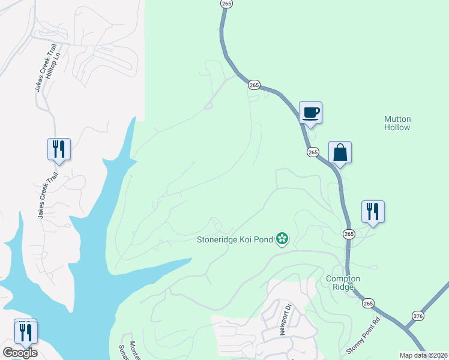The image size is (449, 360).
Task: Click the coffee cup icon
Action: [x=310, y=112]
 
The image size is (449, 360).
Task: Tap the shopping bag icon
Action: [x=340, y=152]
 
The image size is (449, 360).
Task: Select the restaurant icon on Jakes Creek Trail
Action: [x=59, y=149]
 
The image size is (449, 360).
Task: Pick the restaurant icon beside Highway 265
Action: [x=373, y=211]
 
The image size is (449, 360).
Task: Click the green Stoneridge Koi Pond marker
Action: [x=282, y=240]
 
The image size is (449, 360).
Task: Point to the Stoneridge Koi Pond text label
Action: [x=235, y=240]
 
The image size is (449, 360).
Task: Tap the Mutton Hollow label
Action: [x=397, y=123]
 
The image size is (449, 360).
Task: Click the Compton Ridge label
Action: [x=343, y=283]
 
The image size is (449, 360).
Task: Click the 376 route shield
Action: [x=418, y=316]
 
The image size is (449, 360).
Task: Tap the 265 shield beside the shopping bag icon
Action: [x=313, y=152]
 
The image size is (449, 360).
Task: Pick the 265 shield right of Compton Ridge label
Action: [x=368, y=304]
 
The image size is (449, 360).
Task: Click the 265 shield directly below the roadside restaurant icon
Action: [x=349, y=233]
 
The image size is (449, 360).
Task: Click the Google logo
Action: [x=20, y=353]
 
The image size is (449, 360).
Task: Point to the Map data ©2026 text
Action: [x=423, y=355]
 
